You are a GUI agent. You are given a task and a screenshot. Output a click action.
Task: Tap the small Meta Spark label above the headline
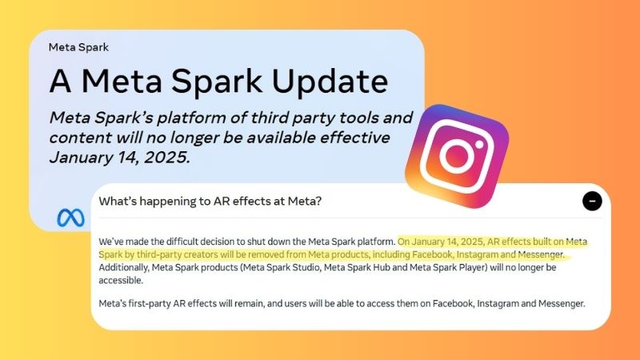[78, 46]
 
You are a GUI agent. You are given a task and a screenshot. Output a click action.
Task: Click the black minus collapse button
[592, 201]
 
